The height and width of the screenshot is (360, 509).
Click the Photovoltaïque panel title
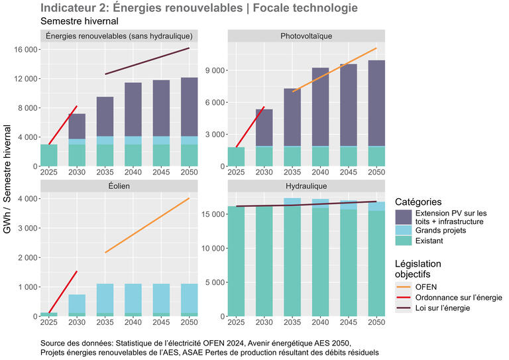coord(306,36)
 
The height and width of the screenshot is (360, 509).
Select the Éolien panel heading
coord(119,186)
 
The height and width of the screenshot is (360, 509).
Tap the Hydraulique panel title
coord(306,186)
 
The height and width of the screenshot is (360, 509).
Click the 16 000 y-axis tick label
coord(25,50)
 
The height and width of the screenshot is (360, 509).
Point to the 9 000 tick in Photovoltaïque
coord(215,70)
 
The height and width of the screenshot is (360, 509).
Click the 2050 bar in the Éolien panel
coord(190,300)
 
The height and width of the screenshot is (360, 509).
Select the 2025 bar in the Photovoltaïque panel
coord(236,156)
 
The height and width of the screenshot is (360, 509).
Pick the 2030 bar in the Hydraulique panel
coord(264,261)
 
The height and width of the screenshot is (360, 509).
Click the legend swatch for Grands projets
coord(404,230)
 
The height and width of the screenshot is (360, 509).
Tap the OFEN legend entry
coord(426,287)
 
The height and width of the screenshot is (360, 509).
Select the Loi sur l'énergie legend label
coord(443,308)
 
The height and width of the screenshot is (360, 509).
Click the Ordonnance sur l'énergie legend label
coord(459,298)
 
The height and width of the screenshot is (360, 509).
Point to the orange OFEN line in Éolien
coord(147,225)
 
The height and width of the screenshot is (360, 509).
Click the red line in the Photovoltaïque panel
coord(250,127)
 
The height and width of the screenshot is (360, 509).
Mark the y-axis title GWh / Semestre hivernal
coord(7,179)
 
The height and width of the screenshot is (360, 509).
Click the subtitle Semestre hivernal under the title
coord(80,21)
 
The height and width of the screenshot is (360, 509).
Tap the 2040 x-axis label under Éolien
coord(133,322)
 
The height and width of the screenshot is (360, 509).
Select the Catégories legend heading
coord(418,202)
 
